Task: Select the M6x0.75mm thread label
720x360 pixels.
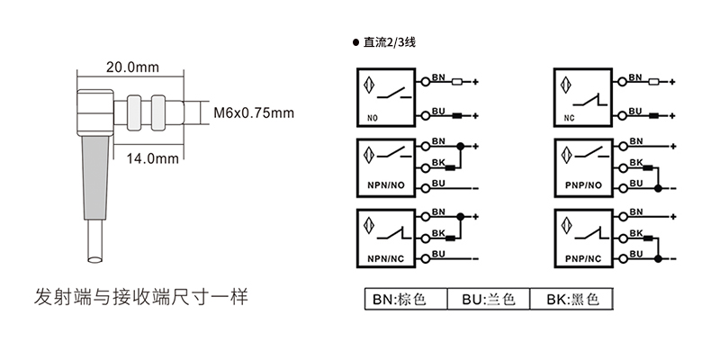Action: (x=255, y=112)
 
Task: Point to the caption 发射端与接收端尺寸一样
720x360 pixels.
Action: (x=139, y=295)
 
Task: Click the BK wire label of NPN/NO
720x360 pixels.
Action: (x=439, y=162)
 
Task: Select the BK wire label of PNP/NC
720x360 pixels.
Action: (x=636, y=235)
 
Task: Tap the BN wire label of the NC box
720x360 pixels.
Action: (x=636, y=78)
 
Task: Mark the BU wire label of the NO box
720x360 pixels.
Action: (x=439, y=110)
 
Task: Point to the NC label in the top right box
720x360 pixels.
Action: (x=569, y=117)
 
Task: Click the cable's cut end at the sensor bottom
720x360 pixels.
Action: (x=94, y=259)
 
